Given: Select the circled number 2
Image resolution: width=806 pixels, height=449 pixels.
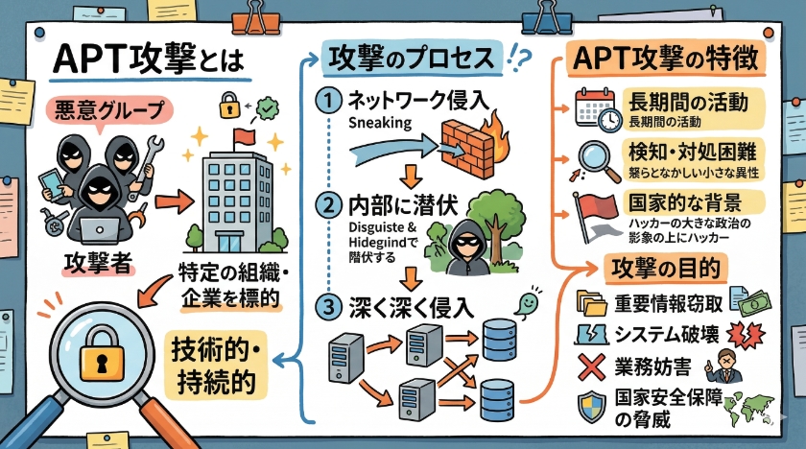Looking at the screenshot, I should (x=330, y=205).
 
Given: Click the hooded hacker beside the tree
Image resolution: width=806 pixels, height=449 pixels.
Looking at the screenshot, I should (x=467, y=247).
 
